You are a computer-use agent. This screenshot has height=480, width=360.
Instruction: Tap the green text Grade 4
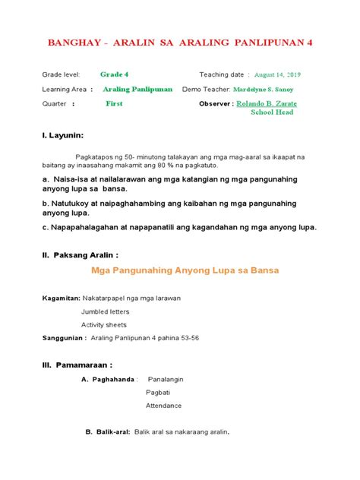point(114,74)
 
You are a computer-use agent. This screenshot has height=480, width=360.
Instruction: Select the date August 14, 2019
point(278,75)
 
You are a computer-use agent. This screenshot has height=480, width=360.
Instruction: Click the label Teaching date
point(222,75)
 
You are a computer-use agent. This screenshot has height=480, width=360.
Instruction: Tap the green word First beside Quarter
point(114,103)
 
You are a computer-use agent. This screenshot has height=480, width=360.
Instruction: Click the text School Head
point(272,112)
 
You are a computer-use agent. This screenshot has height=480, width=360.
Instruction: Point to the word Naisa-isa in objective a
point(71,178)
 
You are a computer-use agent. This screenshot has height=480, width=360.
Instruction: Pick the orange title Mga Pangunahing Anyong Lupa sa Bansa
point(179,270)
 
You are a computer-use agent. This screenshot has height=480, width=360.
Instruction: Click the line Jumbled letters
point(105,311)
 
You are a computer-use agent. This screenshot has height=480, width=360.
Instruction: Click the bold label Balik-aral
point(112,432)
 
